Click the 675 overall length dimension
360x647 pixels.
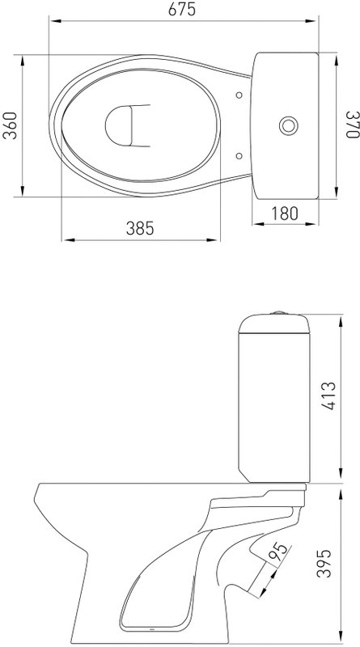pyautogui.click(x=182, y=10)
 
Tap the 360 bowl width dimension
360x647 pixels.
pyautogui.click(x=10, y=125)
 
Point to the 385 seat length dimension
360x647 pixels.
pyautogui.click(x=140, y=228)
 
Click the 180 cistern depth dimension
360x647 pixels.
pyautogui.click(x=285, y=214)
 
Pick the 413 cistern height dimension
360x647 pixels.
pyautogui.click(x=328, y=396)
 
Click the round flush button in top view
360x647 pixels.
pyautogui.click(x=288, y=125)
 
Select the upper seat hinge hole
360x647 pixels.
pyautogui.click(x=239, y=95)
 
